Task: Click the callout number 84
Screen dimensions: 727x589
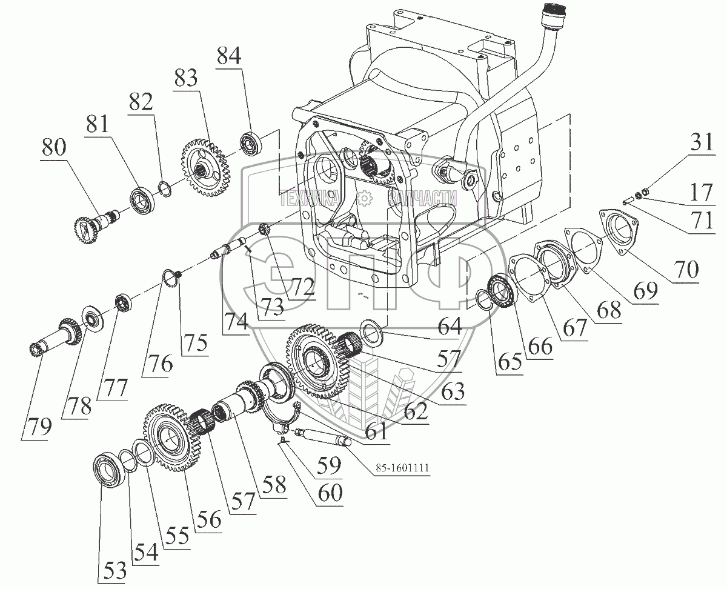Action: pyautogui.click(x=228, y=58)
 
